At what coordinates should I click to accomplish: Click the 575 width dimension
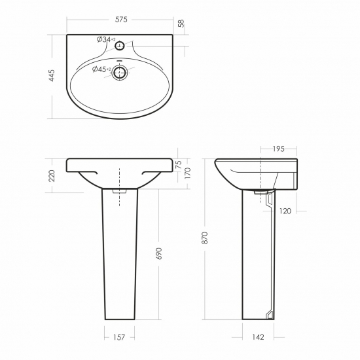click(x=121, y=20)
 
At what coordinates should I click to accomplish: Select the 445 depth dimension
click(x=52, y=75)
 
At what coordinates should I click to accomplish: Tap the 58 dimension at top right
click(x=181, y=24)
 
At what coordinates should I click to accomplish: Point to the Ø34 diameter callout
click(x=106, y=39)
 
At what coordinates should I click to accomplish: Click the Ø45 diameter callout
click(x=101, y=69)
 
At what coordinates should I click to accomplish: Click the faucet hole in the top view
click(x=120, y=46)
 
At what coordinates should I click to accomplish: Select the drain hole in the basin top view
click(x=120, y=73)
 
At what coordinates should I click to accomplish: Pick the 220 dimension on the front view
click(x=52, y=176)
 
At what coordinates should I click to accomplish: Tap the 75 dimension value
click(x=179, y=164)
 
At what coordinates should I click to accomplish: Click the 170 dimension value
click(x=188, y=173)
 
